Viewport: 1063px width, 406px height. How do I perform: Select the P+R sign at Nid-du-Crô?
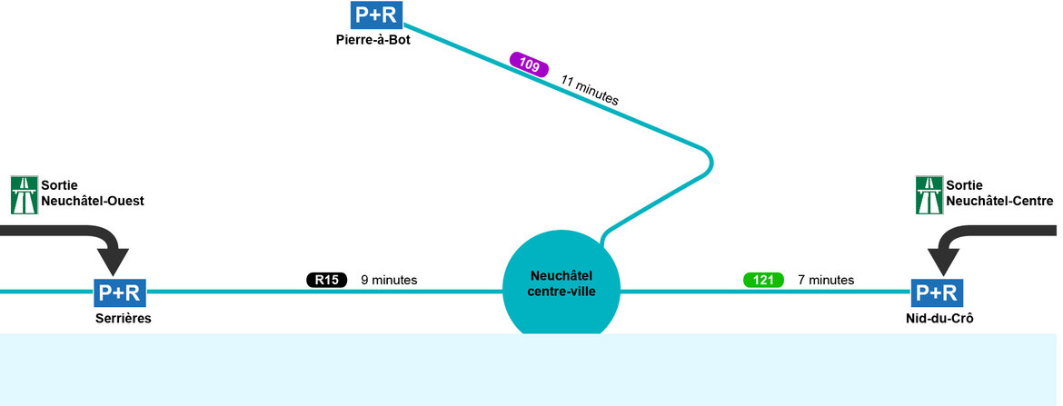937,292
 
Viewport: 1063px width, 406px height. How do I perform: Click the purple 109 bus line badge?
529,64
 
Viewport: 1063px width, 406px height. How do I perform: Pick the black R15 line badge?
326,280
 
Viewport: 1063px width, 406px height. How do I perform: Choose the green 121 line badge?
763,280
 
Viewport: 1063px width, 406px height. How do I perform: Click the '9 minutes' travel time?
389,280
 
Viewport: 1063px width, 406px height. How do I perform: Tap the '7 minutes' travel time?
826,280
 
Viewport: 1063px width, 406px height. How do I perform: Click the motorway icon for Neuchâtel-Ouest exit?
23,194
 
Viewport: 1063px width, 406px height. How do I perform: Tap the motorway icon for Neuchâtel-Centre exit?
929,194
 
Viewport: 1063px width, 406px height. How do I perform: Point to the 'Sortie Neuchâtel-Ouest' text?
94,193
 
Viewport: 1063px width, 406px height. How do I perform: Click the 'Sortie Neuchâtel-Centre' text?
999,193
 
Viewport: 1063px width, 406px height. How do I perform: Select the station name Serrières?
123,319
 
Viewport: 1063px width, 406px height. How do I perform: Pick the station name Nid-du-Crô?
937,319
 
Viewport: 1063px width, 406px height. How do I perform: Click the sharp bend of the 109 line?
709,163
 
